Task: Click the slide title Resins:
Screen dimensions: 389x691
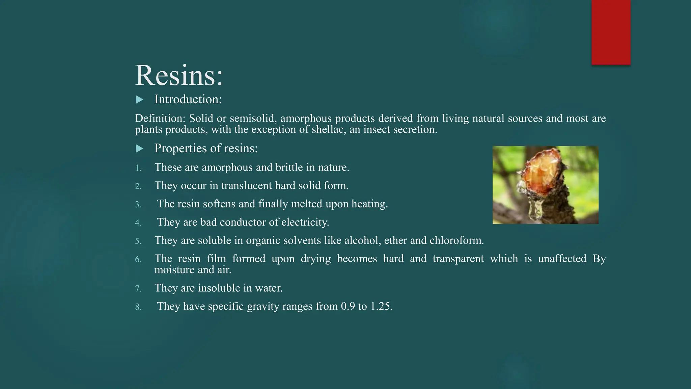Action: coord(179,75)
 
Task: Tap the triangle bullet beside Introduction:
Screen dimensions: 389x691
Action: coord(139,100)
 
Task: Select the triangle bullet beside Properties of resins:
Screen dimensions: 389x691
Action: coord(139,149)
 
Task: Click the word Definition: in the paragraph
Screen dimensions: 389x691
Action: coord(160,119)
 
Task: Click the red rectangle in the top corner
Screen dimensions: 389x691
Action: coord(611,32)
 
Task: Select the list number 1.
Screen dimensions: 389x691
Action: coord(138,168)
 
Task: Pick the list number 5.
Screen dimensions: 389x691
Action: coord(138,241)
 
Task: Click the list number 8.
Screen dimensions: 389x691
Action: coord(138,307)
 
